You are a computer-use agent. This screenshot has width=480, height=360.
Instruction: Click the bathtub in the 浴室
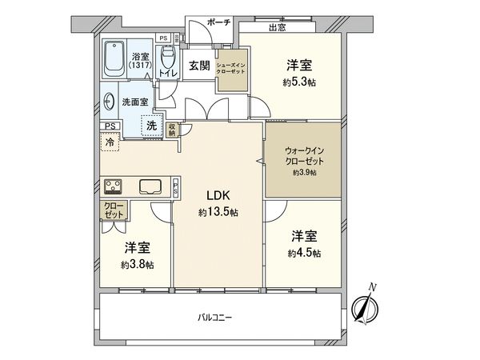[x=114, y=57]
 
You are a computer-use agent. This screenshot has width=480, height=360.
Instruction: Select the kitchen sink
[x=150, y=187]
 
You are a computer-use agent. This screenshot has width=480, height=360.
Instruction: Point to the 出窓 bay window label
[x=278, y=27]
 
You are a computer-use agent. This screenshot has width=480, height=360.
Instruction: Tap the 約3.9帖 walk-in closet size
[x=304, y=172]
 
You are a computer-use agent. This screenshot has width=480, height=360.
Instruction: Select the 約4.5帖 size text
[x=305, y=253]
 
